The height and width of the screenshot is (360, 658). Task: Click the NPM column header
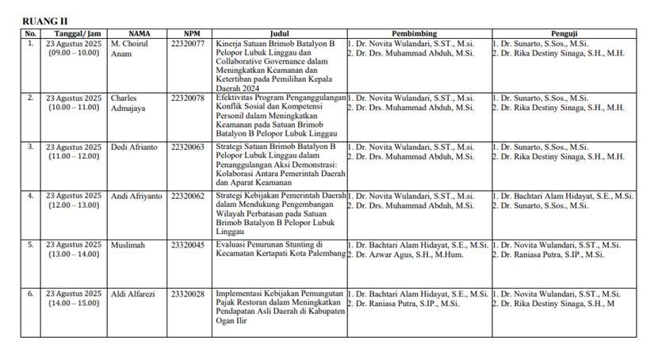click(191, 33)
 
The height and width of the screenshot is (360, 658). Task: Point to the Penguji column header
click(563, 33)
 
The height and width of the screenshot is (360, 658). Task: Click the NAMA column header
click(140, 33)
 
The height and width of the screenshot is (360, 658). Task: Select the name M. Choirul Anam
click(128, 48)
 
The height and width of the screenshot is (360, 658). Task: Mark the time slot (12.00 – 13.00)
click(74, 205)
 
